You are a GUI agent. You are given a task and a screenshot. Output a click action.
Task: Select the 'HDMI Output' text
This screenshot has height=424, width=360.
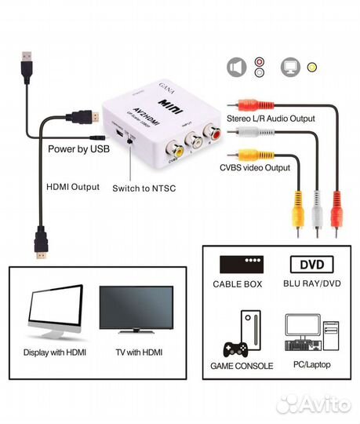(72, 187)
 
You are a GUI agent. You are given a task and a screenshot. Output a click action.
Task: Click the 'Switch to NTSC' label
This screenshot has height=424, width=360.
(143, 189)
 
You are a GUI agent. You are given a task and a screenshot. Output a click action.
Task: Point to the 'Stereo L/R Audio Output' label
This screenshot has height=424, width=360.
(271, 118)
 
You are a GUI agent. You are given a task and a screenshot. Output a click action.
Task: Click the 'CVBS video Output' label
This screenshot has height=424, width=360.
(255, 167)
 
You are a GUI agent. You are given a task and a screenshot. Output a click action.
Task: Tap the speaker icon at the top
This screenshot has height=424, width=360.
(234, 68)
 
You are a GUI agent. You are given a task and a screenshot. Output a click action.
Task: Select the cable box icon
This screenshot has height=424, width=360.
(241, 265)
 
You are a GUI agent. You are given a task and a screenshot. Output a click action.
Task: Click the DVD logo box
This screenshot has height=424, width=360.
(311, 265)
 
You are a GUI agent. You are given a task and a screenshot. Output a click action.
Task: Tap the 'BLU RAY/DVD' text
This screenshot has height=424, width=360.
(311, 284)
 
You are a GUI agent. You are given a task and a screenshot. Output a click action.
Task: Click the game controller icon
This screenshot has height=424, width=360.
(235, 348)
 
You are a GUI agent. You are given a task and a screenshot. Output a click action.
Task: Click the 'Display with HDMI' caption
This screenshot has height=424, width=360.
(55, 353)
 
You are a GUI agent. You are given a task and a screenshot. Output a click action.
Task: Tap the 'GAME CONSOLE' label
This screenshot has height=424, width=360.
(241, 366)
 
